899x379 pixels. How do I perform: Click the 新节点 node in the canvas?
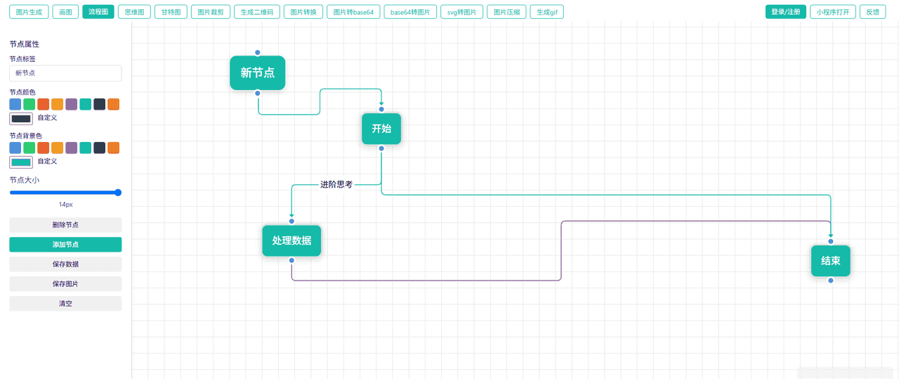coord(257,73)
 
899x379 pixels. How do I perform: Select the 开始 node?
coord(381,129)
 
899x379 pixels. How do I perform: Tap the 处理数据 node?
coord(291,240)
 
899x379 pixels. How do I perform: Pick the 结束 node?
coord(830,261)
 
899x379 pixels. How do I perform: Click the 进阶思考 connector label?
coord(336,185)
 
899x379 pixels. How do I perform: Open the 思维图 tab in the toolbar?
coord(133,12)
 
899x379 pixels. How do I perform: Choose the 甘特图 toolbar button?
coord(170,12)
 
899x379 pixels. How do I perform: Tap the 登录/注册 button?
coord(785,12)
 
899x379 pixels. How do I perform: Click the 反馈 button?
coord(872,12)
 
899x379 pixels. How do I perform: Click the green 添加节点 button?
coord(65,245)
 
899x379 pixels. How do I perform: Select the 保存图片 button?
coord(65,284)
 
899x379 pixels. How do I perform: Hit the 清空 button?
coord(65,304)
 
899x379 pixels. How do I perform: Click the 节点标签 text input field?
coord(65,73)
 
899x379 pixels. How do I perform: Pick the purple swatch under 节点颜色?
coord(71,104)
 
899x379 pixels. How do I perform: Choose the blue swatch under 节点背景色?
coord(15,148)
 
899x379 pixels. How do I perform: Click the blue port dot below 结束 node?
coord(830,281)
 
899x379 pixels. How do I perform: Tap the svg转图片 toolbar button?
coord(461,12)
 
